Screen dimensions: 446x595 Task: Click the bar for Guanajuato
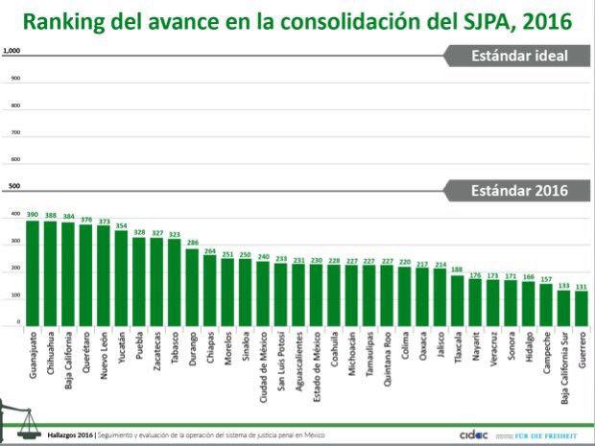tap(33, 274)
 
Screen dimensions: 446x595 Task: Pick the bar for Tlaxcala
tap(457, 302)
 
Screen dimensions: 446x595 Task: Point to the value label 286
tap(192, 244)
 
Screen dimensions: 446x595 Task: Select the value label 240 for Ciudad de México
tap(262, 256)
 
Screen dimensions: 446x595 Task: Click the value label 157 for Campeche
tap(545, 279)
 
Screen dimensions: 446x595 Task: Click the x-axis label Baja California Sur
tap(563, 370)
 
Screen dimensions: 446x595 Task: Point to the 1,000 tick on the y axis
tap(12, 51)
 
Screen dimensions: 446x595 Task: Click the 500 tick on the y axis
tap(13, 187)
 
